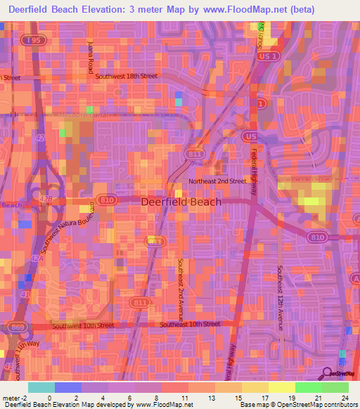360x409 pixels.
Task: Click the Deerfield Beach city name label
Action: click(181, 202)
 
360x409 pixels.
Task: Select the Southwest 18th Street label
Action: click(127, 76)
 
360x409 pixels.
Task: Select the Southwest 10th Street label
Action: click(84, 326)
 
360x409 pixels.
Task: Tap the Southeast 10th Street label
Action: click(190, 324)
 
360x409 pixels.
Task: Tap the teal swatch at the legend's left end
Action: click(41, 387)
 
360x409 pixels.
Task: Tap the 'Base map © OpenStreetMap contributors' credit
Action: click(298, 405)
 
